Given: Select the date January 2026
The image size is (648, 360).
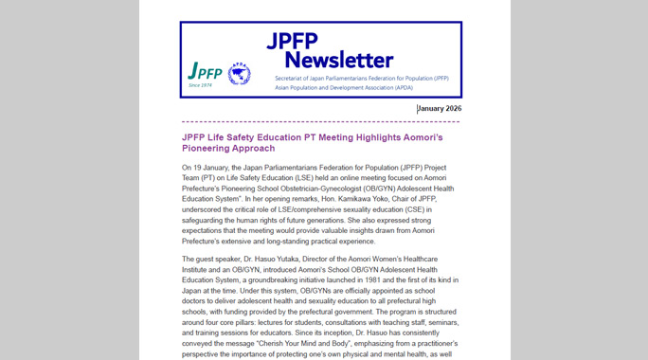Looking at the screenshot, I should (441, 109).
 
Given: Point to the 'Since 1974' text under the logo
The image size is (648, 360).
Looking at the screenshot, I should (201, 86).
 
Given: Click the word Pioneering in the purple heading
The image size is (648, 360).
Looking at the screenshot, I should (211, 149).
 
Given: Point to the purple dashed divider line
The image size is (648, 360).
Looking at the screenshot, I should (320, 122).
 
